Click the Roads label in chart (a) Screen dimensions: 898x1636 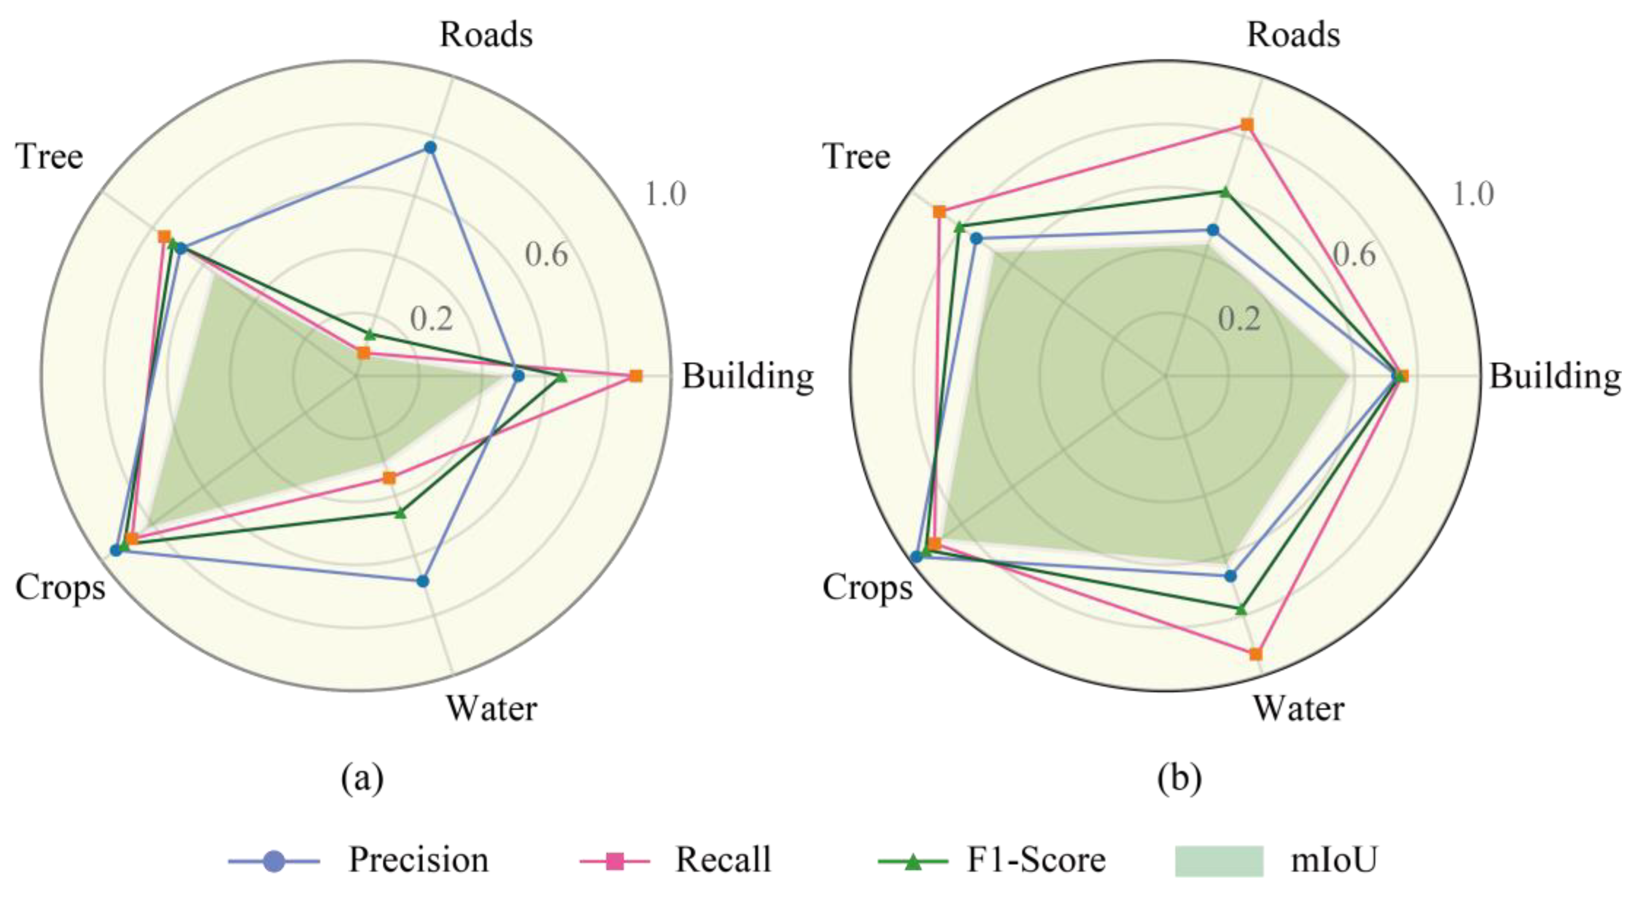[486, 35]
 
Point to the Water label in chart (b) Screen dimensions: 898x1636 [1298, 708]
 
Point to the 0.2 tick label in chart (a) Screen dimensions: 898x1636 [432, 319]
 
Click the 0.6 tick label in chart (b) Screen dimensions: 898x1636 [1355, 255]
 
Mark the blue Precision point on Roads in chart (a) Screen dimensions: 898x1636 [430, 148]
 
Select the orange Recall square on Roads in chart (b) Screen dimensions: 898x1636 [1248, 124]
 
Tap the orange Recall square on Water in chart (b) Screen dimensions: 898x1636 [1256, 654]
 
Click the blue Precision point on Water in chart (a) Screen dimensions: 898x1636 [423, 581]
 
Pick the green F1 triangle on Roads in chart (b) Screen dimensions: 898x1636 [1226, 192]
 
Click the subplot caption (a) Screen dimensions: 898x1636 [363, 778]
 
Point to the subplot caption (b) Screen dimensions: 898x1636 [1179, 778]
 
